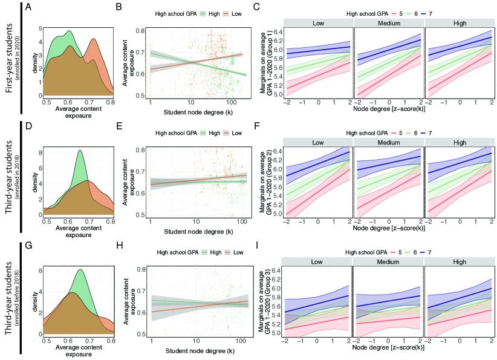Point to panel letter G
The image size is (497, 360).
(28, 247)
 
